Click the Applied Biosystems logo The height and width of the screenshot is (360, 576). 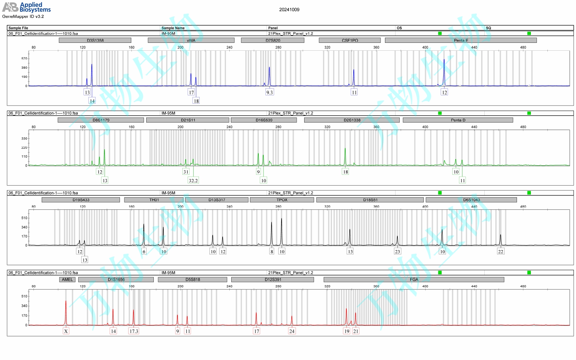tap(26, 7)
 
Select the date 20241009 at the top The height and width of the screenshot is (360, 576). tap(289, 10)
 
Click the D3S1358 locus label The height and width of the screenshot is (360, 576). tap(95, 40)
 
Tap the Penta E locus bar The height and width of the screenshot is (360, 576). tap(461, 40)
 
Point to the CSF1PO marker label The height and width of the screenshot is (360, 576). tap(350, 40)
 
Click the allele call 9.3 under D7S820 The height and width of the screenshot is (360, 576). tap(270, 92)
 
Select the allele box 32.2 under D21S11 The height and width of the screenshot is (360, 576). tap(193, 181)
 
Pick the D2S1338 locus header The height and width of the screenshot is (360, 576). tap(352, 120)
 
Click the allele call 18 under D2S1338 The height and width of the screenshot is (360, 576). tap(346, 172)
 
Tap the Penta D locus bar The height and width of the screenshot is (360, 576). tap(458, 120)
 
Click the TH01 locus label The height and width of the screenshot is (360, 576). tap(154, 200)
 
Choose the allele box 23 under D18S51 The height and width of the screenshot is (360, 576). tap(397, 252)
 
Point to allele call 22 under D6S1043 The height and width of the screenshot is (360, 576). tap(500, 252)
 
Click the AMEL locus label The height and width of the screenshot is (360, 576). tap(67, 280)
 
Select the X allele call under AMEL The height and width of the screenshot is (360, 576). tap(66, 331)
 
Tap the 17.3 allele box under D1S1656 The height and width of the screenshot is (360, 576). tap(134, 331)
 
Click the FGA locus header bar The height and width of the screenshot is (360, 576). tap(414, 280)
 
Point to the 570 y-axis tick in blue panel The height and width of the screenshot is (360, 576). tap(24, 59)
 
